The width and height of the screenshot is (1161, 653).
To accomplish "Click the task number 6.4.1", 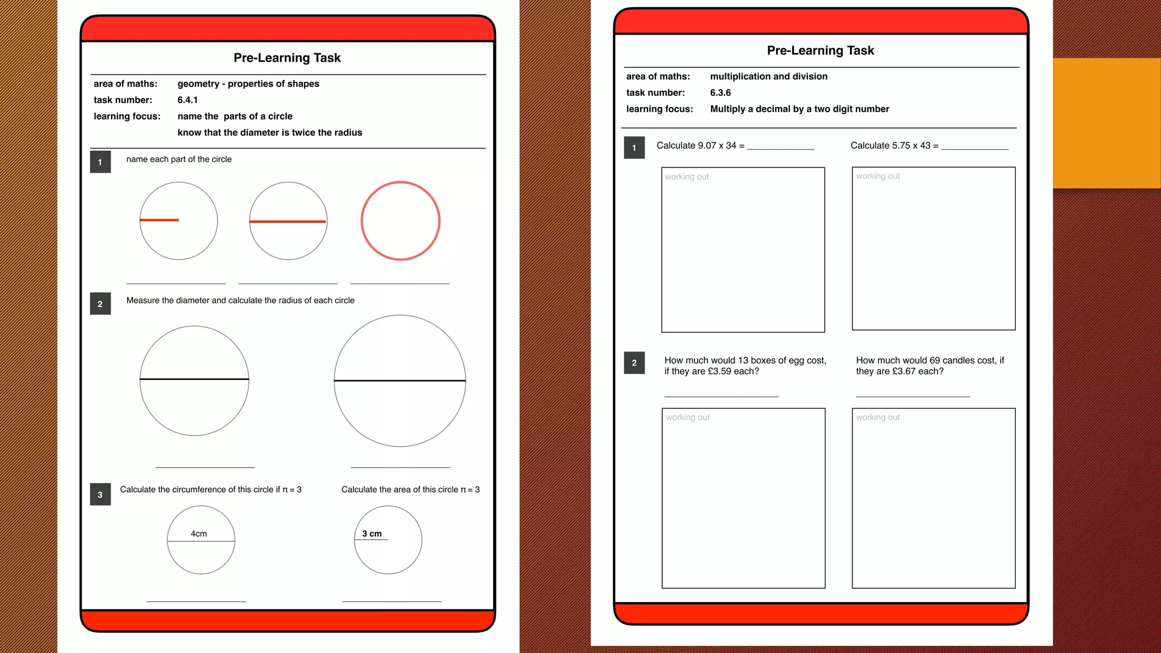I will [x=187, y=100].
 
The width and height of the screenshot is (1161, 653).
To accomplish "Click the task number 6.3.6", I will [x=720, y=92].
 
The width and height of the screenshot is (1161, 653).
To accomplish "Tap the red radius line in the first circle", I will [x=159, y=220].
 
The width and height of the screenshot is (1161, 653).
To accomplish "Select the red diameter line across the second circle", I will [x=288, y=222].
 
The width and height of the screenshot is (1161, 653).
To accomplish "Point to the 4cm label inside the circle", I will [x=198, y=533].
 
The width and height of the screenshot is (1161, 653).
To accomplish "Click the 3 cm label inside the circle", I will [x=372, y=533].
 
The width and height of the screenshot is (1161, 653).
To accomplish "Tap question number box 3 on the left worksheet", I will [x=100, y=494].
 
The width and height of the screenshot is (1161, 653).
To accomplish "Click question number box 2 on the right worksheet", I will [x=634, y=363].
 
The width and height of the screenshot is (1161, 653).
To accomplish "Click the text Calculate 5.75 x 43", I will [x=891, y=146].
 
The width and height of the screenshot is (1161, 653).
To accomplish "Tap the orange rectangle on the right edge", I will [x=1107, y=123].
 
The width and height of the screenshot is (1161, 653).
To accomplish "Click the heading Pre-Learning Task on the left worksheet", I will [x=287, y=58].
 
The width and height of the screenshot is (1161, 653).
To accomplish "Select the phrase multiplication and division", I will [x=768, y=77].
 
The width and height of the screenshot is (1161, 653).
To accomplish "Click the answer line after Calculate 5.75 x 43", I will [x=974, y=149].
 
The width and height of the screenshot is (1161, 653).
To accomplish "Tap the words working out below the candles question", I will [x=878, y=417].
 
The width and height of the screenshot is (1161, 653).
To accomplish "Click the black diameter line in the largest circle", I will [x=400, y=380].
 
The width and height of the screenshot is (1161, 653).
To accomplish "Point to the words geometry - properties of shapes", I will [x=248, y=84].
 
